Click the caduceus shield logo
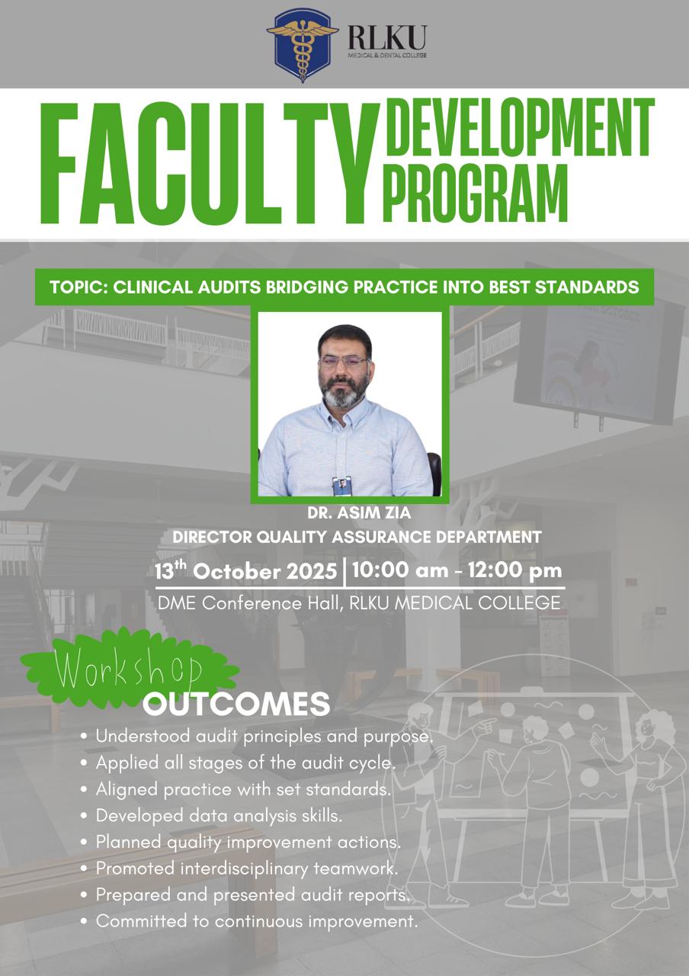(303, 45)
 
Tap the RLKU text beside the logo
(387, 37)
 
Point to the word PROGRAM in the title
(476, 194)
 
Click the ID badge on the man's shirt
(341, 486)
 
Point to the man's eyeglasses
(344, 361)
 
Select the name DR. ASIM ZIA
(359, 513)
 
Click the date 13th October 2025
(245, 571)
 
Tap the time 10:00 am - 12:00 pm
(457, 570)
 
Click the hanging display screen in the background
(599, 344)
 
